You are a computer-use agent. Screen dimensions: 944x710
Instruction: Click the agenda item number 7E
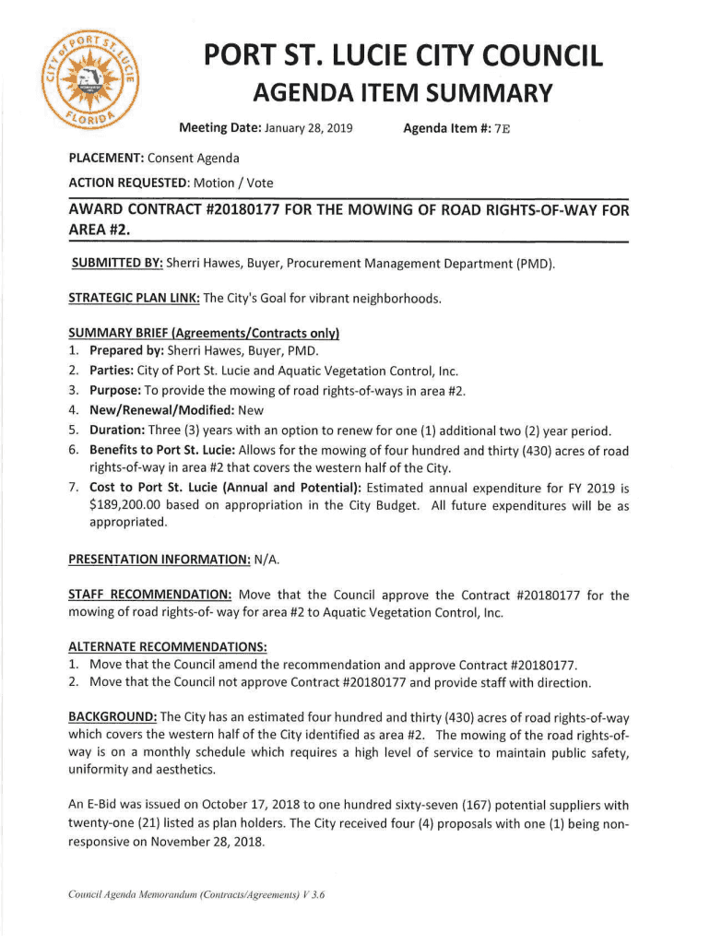[x=502, y=127]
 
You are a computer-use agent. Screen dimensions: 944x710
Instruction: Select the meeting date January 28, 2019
[x=308, y=127]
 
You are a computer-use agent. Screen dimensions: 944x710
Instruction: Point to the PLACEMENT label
[x=100, y=159]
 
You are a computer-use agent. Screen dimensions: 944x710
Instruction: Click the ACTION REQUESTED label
[x=128, y=183]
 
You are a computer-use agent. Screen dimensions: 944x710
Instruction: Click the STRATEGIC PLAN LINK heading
[x=134, y=298]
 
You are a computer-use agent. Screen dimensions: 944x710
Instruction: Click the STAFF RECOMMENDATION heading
[x=150, y=596]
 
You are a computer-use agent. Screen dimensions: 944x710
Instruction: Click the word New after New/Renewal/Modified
[x=251, y=410]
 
